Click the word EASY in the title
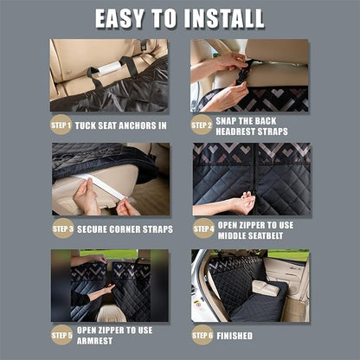click(x=120, y=18)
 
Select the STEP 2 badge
click(x=201, y=124)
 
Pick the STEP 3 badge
click(x=61, y=228)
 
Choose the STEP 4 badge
click(x=202, y=229)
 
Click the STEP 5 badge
click(x=61, y=335)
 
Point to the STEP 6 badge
click(x=202, y=335)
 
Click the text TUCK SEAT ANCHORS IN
click(x=120, y=125)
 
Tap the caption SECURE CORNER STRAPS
click(x=125, y=229)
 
